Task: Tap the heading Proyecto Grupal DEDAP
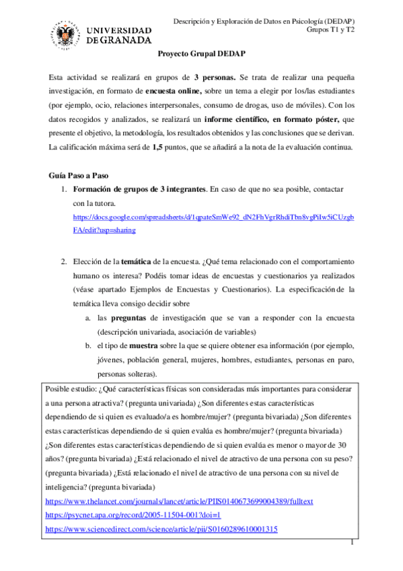coord(200,59)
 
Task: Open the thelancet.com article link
coord(178,502)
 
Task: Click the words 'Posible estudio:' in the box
coord(70,389)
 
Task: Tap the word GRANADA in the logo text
coord(126,40)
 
